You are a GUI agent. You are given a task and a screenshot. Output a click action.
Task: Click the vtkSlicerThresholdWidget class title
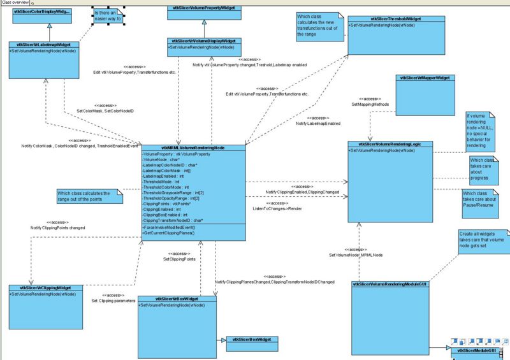386,20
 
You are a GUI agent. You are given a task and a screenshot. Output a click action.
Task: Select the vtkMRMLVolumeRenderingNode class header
193,148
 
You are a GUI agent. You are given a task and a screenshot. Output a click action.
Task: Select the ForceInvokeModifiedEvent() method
168,227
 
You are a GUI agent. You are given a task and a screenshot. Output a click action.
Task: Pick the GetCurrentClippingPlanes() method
168,233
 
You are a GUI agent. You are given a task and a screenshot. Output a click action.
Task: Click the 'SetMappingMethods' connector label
370,104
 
